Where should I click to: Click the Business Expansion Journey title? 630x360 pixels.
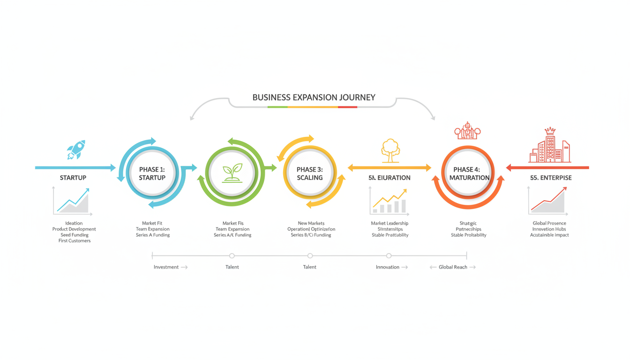[x=314, y=97]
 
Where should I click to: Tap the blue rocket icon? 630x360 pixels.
[x=76, y=150]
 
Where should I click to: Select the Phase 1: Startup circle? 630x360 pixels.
[x=152, y=173]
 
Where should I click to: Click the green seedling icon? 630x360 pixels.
[x=232, y=172]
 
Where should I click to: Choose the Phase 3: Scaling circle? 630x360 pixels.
[x=310, y=173]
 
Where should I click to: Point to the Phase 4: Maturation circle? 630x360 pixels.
[x=468, y=173]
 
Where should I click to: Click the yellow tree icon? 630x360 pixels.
[x=390, y=150]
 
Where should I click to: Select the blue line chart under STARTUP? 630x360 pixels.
[x=73, y=201]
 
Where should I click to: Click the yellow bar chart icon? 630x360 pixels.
[x=390, y=201]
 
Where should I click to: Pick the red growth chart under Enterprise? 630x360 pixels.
[x=548, y=201]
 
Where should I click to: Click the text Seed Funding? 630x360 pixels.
[x=75, y=235]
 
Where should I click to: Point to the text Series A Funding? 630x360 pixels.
[x=153, y=235]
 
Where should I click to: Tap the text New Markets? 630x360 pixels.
[x=311, y=223]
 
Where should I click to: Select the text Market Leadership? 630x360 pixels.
[x=390, y=223]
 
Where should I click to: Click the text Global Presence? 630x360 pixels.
[x=549, y=223]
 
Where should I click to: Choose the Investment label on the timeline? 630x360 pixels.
[x=166, y=267]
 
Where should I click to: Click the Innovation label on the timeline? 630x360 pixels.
[x=388, y=267]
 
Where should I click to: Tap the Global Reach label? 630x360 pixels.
[x=453, y=267]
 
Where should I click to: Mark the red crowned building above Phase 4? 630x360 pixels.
[x=467, y=131]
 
